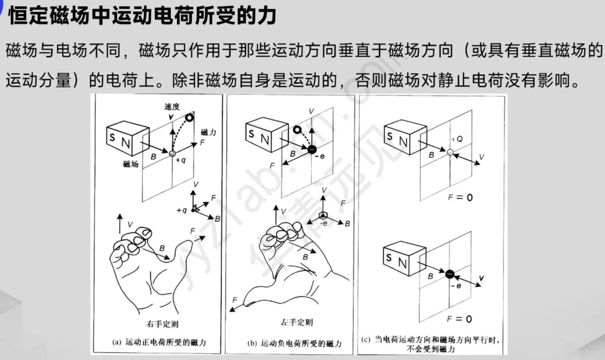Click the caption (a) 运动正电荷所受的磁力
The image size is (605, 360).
159,342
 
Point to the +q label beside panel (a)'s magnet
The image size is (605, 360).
180,160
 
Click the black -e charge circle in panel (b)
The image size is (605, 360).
312,149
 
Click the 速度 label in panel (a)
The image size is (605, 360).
172,106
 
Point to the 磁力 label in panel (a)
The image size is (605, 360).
208,133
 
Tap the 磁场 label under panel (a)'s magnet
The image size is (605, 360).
131,164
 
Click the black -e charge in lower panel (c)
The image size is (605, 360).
450,274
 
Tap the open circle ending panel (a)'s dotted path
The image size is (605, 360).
189,118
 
